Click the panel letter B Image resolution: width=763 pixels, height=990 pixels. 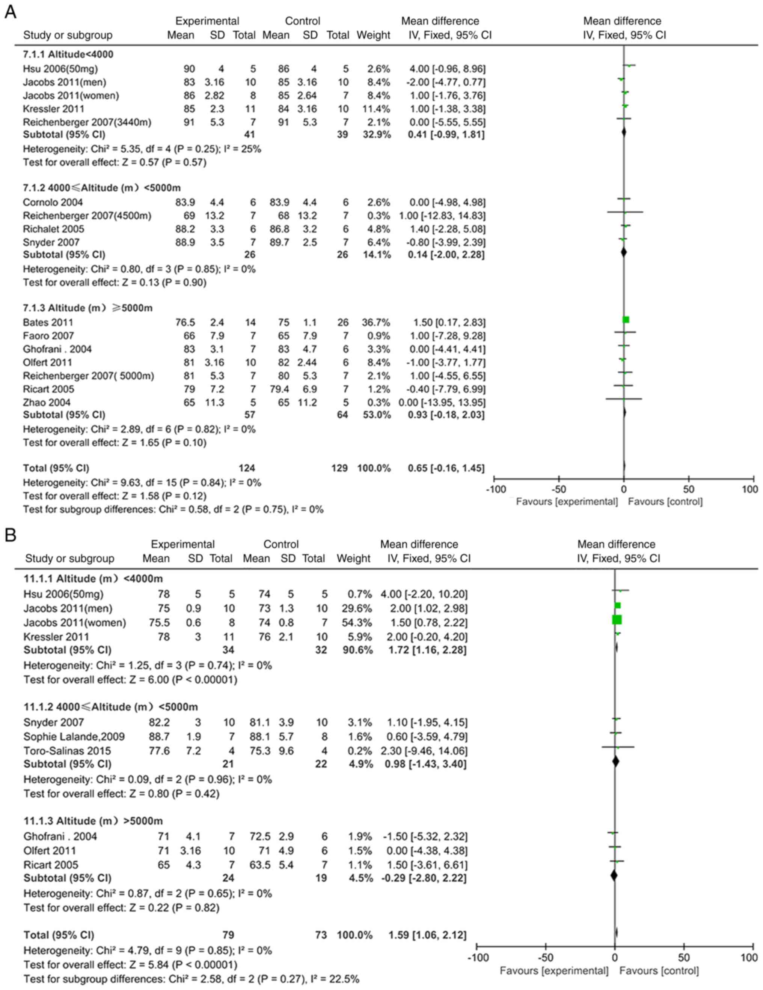point(10,535)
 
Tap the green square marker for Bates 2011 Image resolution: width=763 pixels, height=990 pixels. point(626,320)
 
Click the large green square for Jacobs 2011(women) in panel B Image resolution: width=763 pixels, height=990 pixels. point(617,619)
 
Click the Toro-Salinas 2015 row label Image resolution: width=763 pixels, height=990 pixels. point(67,751)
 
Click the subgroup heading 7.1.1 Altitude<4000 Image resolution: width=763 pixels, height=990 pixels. point(68,54)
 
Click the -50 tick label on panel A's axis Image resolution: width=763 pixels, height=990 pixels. point(558,490)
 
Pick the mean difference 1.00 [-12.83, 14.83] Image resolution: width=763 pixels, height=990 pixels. point(442,215)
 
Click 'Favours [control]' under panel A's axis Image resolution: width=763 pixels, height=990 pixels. point(665,502)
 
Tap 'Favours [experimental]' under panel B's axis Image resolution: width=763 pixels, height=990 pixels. point(554,970)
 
